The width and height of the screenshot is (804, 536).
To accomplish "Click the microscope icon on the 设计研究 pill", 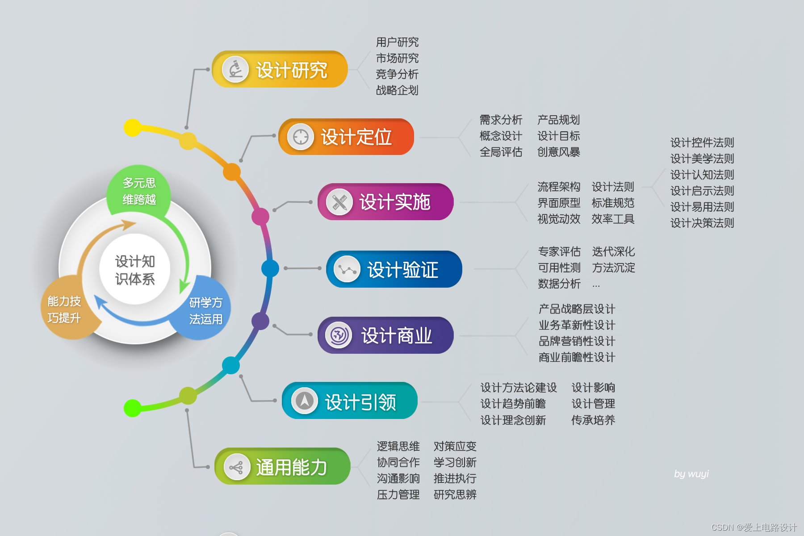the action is point(235,69).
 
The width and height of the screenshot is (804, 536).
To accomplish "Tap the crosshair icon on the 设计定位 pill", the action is point(301,137).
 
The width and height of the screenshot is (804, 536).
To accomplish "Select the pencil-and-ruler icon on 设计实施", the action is point(339,202).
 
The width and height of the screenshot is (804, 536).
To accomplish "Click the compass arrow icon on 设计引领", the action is point(305,401).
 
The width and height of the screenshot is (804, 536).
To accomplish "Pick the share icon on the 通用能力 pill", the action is point(236,467).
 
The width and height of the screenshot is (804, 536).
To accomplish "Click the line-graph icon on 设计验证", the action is point(347,269).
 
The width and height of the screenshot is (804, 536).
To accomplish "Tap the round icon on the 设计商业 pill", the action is point(339,335).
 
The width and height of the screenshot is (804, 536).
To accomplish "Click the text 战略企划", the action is point(397,90).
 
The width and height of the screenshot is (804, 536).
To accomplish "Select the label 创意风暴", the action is point(558,152).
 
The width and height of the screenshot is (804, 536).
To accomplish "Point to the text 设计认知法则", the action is point(702,175).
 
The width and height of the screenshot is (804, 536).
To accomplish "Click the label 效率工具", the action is point(613,219).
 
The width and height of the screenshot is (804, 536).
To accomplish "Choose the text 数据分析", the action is point(559,284).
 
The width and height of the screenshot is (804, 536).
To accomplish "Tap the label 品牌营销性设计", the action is point(577,341).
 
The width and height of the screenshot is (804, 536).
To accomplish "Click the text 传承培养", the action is point(593,420).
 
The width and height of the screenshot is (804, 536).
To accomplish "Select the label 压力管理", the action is point(398,494).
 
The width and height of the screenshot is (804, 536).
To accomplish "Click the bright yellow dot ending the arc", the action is point(133,128).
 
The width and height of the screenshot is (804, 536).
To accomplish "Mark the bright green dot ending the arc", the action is point(133,408).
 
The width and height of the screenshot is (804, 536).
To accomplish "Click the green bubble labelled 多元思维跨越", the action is point(139,191).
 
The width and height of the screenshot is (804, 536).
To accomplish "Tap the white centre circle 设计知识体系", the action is point(135,270).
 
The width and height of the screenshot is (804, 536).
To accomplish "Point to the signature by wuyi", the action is point(691,474).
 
